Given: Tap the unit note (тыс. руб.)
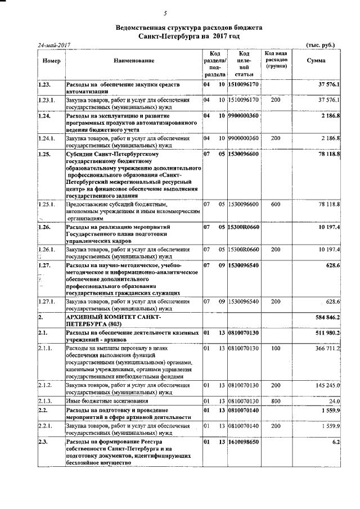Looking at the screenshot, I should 323,44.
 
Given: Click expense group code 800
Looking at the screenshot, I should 275,401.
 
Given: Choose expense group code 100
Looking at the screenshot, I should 275,348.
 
